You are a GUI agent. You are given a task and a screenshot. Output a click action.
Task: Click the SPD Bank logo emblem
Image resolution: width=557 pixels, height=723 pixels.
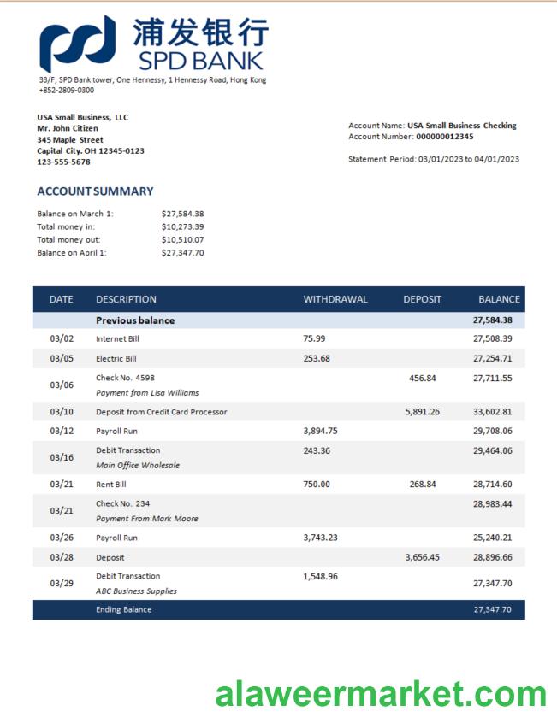coord(77,43)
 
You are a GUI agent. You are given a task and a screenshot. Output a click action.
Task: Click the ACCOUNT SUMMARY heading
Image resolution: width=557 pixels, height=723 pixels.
coord(95,191)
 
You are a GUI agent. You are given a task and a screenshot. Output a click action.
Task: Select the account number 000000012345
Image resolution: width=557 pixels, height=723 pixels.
coord(444,137)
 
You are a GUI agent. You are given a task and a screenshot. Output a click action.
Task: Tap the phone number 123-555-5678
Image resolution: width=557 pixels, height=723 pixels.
coord(63,162)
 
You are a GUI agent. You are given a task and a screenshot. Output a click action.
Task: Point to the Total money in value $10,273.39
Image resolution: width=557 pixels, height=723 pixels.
coord(182,226)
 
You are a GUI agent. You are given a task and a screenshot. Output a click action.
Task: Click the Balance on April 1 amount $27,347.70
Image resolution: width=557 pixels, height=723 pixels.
coord(182,252)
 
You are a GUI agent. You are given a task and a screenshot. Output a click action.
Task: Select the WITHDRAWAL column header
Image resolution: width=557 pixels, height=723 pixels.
coord(335,299)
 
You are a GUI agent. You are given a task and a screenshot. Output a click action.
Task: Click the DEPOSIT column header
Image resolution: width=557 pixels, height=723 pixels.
coord(422,299)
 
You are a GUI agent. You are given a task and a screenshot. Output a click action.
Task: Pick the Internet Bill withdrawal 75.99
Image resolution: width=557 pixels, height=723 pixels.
coord(314,338)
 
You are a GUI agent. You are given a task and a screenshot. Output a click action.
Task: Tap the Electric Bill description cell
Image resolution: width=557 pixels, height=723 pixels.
coord(116,358)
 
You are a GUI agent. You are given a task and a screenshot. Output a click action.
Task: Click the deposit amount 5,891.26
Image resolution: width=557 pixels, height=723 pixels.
coord(422,412)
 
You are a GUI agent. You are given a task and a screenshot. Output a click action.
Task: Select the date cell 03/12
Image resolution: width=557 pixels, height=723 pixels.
coord(62,431)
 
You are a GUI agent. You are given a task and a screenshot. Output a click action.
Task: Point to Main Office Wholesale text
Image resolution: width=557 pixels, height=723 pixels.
coord(138,466)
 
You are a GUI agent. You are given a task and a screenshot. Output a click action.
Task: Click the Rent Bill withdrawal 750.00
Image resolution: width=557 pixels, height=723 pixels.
coord(316,484)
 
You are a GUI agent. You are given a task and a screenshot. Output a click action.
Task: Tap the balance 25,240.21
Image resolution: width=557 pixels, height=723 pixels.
coord(492,538)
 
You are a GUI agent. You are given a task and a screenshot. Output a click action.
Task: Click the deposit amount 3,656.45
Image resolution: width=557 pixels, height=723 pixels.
coord(422,557)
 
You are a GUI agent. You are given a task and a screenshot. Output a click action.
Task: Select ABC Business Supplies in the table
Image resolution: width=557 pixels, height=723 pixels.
coord(136,591)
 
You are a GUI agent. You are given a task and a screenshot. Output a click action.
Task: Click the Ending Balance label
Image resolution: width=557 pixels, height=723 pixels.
coord(123,609)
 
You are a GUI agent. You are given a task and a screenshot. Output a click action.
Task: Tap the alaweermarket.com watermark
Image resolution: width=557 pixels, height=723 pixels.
coord(381,694)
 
